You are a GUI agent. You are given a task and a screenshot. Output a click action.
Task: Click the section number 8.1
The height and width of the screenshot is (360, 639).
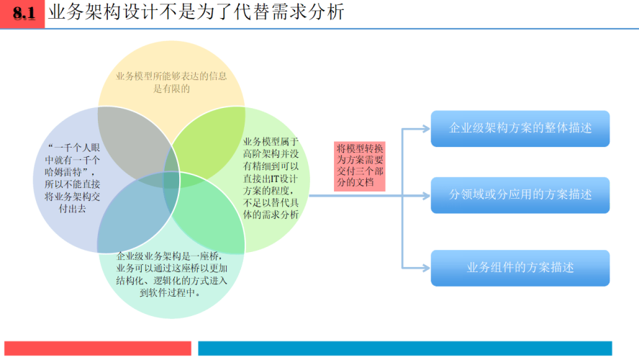(24, 13)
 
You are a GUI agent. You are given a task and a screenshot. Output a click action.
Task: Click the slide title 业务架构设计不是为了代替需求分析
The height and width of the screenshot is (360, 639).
(196, 12)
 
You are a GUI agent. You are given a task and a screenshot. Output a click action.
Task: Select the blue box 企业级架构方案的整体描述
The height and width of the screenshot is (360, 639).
(520, 128)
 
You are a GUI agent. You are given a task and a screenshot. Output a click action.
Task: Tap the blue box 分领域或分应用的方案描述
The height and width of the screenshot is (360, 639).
(520, 195)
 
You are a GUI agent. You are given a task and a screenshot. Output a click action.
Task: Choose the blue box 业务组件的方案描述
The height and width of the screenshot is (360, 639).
(520, 268)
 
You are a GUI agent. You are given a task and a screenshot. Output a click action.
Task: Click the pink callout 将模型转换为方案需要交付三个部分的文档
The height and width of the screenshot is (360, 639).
(360, 166)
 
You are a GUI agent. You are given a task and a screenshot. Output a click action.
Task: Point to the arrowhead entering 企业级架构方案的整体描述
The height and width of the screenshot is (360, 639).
(426, 129)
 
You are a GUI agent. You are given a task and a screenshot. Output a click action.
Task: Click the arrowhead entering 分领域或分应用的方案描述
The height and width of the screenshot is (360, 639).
(426, 196)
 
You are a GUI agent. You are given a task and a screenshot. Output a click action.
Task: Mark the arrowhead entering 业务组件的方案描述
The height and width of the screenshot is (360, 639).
(426, 268)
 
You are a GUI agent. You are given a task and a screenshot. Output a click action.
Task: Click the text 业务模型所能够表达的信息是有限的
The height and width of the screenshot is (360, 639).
(171, 82)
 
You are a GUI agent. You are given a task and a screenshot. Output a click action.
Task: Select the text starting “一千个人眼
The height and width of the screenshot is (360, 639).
(72, 178)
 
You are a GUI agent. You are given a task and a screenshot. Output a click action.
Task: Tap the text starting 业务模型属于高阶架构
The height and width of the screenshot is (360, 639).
(271, 178)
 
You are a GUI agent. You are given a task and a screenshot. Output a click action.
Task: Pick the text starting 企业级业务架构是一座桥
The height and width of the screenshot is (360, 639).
(171, 274)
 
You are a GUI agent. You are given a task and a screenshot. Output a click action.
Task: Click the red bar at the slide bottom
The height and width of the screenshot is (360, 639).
(98, 348)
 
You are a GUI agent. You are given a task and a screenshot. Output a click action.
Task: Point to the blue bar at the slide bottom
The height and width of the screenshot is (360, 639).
(405, 348)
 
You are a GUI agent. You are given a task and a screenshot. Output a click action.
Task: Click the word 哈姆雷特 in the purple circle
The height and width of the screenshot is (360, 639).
(63, 172)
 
